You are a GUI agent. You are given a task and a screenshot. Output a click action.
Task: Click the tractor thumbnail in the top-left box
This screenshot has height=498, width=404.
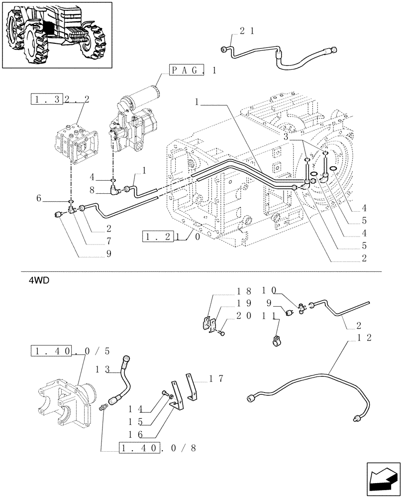pyautogui.click(x=57, y=35)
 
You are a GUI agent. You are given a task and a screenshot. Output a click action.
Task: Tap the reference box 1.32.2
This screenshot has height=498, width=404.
pyautogui.click(x=60, y=99)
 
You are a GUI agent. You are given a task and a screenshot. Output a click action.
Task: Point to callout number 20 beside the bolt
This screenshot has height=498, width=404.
pyautogui.click(x=244, y=315)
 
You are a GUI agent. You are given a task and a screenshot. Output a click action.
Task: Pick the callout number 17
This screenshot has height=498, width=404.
pyautogui.click(x=215, y=379)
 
